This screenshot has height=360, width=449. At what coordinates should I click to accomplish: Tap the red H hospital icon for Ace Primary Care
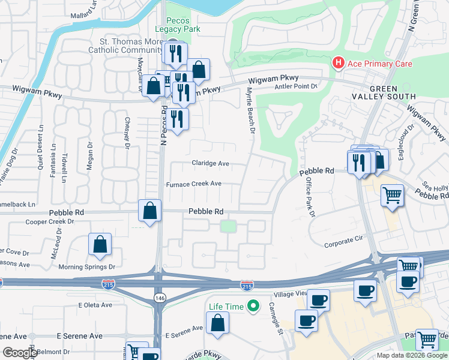339,63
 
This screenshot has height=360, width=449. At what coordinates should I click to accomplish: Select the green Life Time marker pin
253,307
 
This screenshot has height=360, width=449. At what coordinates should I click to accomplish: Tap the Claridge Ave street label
210,163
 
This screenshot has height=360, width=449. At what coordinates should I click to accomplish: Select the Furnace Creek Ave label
194,184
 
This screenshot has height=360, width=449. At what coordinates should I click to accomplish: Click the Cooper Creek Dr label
49,221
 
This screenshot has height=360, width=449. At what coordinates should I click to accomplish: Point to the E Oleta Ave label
95,305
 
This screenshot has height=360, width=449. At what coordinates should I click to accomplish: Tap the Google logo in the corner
20,352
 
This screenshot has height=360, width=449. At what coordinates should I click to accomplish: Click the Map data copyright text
411,355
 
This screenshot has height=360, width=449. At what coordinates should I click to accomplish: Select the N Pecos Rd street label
163,126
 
